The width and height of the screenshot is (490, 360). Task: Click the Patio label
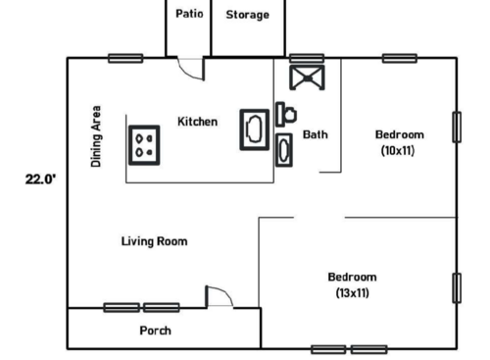(188, 15)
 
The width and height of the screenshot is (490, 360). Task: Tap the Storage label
(247, 15)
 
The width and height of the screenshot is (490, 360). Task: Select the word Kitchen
(197, 122)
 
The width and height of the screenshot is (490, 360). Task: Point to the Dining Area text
(96, 136)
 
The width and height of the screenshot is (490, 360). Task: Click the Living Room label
(154, 240)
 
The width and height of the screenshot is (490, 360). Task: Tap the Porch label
(155, 330)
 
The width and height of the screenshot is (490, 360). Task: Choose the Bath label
(315, 134)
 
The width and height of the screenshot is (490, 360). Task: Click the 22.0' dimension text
(39, 180)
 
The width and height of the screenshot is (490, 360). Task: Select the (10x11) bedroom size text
(400, 150)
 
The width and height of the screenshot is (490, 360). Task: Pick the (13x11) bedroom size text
(352, 292)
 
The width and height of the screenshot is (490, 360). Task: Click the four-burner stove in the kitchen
(145, 143)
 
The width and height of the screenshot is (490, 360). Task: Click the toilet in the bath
(286, 114)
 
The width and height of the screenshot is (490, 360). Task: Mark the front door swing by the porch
(218, 296)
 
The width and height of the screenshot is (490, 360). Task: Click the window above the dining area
(125, 58)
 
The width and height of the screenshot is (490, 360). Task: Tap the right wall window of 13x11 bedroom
(457, 287)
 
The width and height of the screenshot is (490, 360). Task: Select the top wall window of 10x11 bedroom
(399, 58)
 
